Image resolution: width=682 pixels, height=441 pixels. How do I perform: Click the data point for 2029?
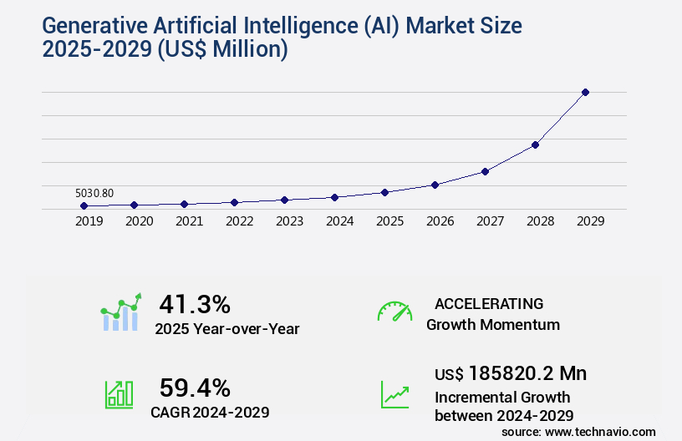(585, 92)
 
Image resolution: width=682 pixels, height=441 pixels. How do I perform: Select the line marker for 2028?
(535, 144)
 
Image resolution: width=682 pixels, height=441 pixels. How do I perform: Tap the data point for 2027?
(485, 171)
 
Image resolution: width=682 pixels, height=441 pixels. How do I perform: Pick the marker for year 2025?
(384, 192)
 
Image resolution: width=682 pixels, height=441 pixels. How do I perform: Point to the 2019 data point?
(84, 205)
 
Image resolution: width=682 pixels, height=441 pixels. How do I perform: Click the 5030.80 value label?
(94, 193)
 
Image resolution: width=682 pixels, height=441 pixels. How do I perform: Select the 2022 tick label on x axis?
(239, 222)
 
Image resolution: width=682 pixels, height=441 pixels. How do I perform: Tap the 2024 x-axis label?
(339, 222)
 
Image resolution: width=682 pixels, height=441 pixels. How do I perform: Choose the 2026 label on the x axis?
(440, 222)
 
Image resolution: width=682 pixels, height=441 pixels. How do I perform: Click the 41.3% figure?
(195, 303)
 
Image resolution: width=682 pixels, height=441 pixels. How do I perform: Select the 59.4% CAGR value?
(195, 388)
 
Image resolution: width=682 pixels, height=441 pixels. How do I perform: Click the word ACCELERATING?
(489, 303)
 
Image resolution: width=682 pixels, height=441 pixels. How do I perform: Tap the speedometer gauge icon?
(394, 311)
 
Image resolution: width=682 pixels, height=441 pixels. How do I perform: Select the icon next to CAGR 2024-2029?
(119, 394)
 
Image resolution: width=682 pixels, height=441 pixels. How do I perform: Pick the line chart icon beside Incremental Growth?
(394, 394)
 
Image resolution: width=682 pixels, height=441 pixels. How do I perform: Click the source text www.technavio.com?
(601, 431)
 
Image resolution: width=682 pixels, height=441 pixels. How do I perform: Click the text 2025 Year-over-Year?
(227, 328)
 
